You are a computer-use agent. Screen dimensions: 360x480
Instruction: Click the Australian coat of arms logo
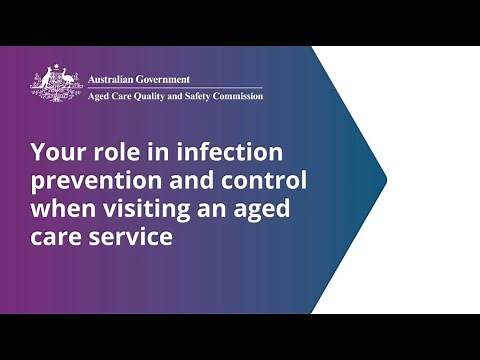tap(56, 82)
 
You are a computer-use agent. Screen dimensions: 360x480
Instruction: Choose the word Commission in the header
tap(242, 97)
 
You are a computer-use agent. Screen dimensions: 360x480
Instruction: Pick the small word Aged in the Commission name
tap(98, 97)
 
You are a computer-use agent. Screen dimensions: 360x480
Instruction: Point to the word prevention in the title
tap(87, 182)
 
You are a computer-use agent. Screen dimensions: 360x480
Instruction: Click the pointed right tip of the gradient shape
tap(385, 180)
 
